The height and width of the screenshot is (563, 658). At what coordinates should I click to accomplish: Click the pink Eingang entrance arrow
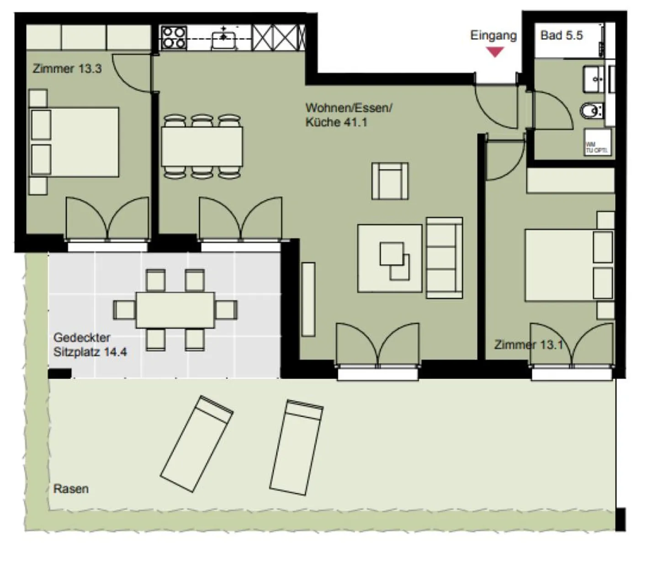494,52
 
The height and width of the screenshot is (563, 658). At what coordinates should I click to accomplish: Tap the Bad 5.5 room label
561,36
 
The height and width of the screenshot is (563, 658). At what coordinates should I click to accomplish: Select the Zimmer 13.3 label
67,69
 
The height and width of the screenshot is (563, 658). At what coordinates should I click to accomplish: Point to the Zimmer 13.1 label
528,345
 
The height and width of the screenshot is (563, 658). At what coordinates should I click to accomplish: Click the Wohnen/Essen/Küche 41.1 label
348,115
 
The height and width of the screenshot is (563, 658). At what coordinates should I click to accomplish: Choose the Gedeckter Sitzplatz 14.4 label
90,345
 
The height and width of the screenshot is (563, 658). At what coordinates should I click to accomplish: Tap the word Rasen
71,489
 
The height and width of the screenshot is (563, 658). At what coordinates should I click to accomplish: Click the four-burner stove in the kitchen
174,37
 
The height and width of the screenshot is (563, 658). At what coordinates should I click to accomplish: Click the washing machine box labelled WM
597,142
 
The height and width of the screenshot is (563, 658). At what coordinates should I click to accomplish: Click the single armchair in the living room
390,181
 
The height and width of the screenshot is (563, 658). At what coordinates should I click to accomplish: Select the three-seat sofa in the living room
444,258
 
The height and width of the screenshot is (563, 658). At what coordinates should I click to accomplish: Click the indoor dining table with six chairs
202,147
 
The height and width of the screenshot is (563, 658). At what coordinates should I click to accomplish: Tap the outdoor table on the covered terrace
175,310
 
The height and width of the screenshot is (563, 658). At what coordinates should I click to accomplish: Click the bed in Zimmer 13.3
74,142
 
